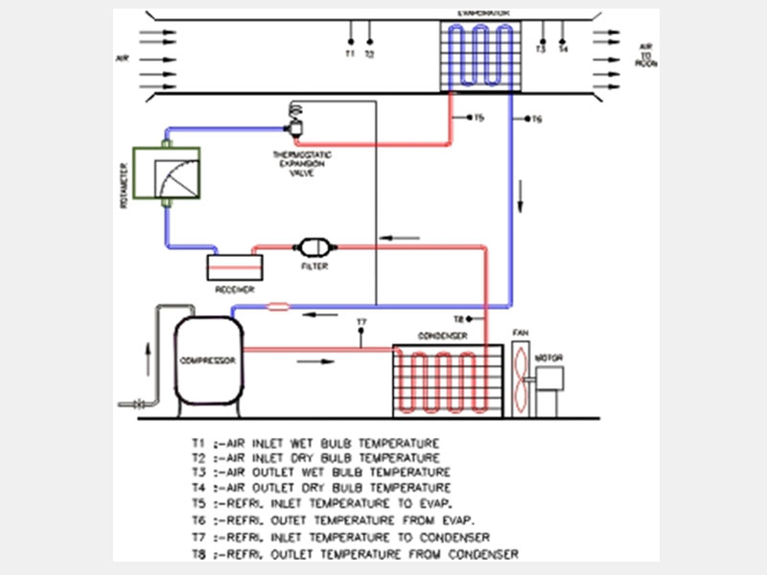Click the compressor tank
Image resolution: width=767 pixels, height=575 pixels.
207,362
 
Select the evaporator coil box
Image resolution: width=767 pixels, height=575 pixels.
478,56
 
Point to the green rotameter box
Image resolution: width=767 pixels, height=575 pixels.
166,178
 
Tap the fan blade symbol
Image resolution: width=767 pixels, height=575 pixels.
521,376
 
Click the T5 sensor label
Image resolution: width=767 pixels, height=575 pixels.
478,118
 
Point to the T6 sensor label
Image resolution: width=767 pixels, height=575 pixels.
537,120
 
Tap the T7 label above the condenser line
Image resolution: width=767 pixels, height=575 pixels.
361,321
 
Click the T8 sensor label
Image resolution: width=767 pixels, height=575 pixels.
458,318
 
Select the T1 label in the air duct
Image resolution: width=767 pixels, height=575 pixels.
350,55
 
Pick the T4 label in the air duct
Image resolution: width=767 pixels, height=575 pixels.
563,49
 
